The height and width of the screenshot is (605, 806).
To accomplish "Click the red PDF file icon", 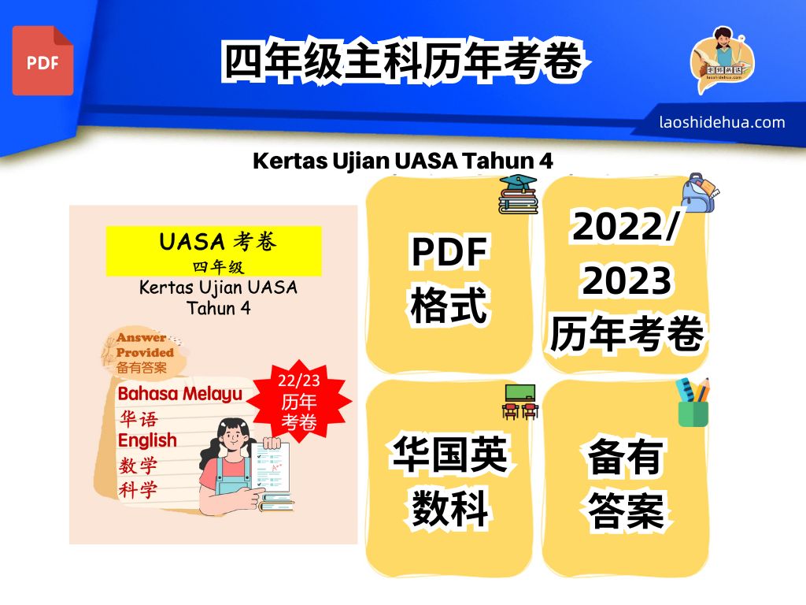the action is point(43,61).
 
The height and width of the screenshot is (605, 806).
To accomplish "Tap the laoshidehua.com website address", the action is point(723,122).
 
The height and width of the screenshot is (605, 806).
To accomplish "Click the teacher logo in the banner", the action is point(722,60).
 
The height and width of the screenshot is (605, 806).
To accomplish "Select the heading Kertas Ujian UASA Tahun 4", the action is point(402,161).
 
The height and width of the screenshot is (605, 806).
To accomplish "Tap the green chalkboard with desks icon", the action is point(519,402).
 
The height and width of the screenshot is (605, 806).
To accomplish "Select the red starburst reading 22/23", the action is point(298,401).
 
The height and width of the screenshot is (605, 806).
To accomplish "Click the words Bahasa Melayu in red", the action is point(180,394).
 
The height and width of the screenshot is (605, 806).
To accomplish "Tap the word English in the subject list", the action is point(147,440).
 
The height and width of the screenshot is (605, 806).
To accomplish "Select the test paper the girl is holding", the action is point(270,466).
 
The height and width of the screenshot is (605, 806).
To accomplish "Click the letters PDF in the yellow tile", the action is point(449,251).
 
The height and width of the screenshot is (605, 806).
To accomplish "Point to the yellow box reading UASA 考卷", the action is point(214,251).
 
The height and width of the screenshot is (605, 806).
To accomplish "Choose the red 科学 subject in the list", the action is point(138,490).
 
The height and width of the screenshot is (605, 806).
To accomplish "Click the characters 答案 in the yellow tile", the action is point(626,510).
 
